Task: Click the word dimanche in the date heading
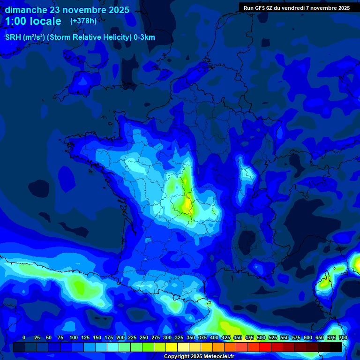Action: (26, 10)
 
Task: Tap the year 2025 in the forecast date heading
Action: (115, 10)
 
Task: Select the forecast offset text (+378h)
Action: (83, 21)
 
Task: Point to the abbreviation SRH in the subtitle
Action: (13, 37)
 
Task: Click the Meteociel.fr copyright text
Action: (198, 357)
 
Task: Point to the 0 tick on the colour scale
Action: (24, 337)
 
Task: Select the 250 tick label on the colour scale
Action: (144, 337)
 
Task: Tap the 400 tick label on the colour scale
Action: (214, 337)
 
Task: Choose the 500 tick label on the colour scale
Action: (261, 337)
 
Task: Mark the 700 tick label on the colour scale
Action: (343, 337)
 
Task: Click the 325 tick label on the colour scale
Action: (179, 337)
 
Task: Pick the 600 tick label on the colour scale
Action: (308, 337)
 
